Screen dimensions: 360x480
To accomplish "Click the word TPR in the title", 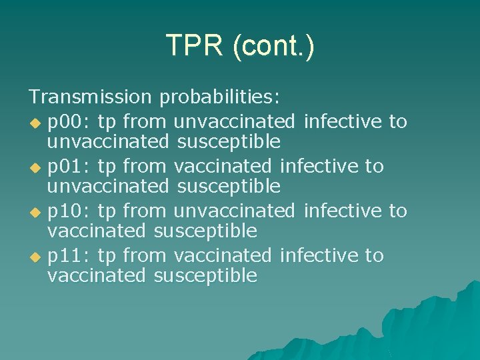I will click(x=193, y=45).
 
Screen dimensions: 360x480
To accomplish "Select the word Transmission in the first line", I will click(x=90, y=97).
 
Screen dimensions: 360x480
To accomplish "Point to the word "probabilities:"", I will click(x=220, y=97).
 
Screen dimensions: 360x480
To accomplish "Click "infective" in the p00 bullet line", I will click(x=343, y=121).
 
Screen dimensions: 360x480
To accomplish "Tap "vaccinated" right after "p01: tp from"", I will click(x=223, y=165).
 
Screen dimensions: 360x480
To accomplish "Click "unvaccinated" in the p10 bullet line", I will click(x=234, y=211).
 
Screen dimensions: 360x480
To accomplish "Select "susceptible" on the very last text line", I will click(x=205, y=276).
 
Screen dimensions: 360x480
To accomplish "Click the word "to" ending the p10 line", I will click(x=398, y=211).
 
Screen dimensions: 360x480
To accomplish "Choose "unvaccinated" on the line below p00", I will click(x=108, y=141).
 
